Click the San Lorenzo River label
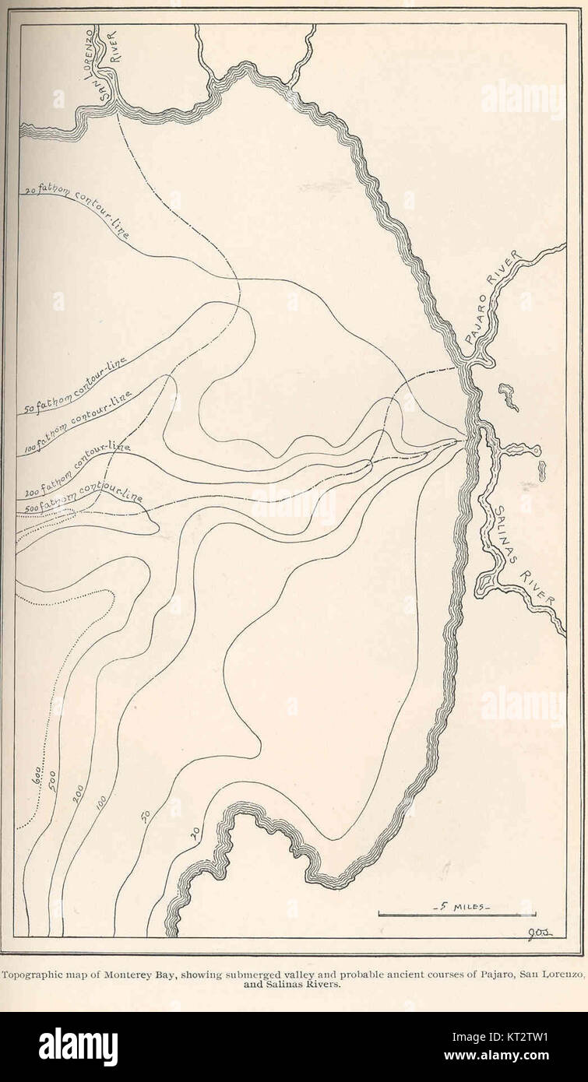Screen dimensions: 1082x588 tap(104, 66)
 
